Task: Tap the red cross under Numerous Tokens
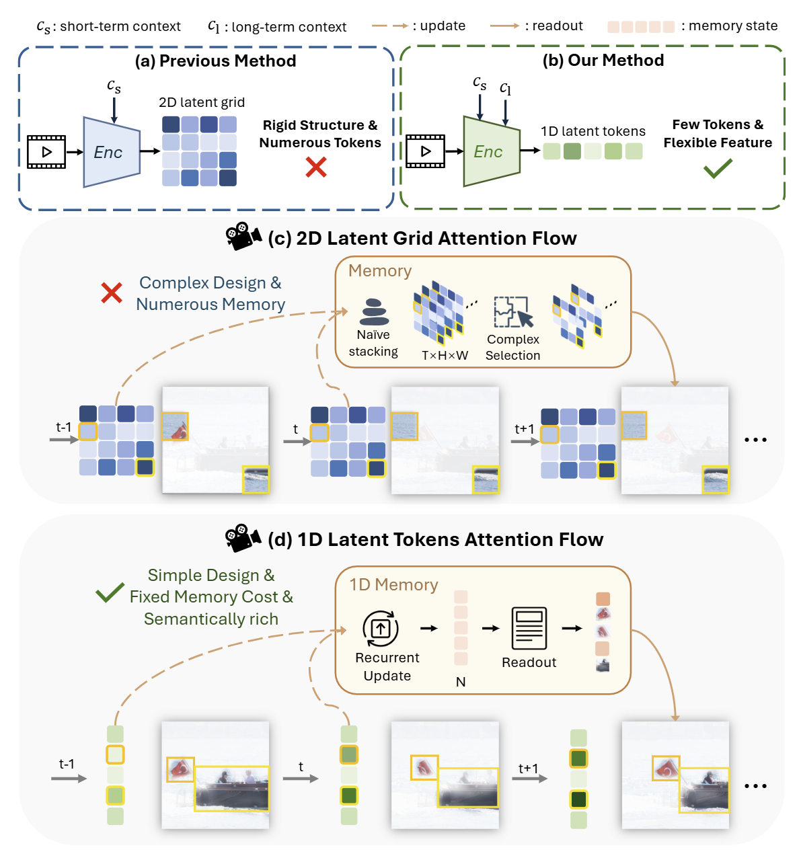(x=316, y=167)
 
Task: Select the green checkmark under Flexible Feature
(x=718, y=168)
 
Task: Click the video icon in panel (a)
(x=46, y=152)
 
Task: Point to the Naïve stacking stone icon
(x=375, y=313)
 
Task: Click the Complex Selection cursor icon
(x=513, y=312)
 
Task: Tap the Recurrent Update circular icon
(x=381, y=629)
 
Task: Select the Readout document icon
(x=529, y=628)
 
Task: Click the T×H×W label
(x=445, y=355)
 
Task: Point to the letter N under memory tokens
(x=461, y=682)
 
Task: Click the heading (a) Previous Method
(x=215, y=61)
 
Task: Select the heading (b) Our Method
(x=603, y=61)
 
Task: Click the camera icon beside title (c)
(x=243, y=237)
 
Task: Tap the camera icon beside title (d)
(x=243, y=538)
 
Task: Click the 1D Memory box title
(x=393, y=585)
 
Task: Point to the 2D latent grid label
(x=202, y=102)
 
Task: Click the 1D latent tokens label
(x=593, y=131)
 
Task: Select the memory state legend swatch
(x=641, y=27)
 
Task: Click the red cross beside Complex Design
(x=112, y=292)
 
